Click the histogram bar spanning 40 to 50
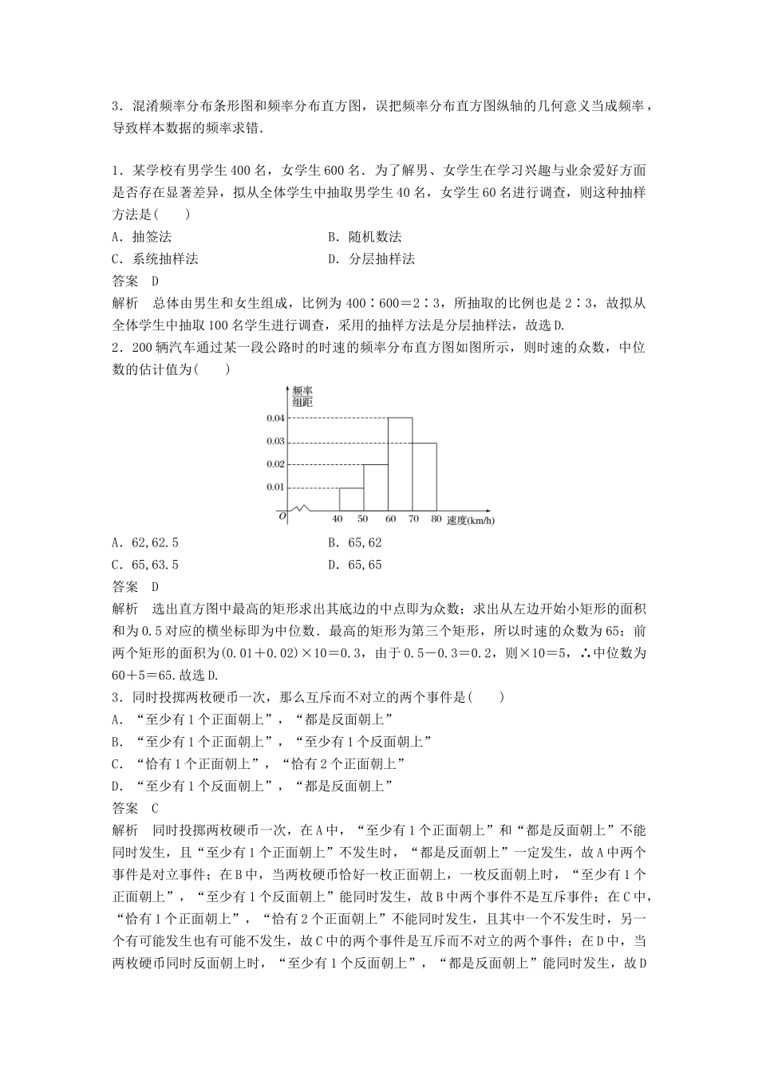351,499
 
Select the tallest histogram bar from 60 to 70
400,464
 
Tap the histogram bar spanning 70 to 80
424,476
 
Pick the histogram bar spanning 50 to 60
375,487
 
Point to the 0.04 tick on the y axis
275,418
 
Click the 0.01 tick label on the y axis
275,487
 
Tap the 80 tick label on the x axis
436,519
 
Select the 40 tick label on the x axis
338,519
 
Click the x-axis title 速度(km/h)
469,519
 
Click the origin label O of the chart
281,517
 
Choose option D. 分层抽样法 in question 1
371,258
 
